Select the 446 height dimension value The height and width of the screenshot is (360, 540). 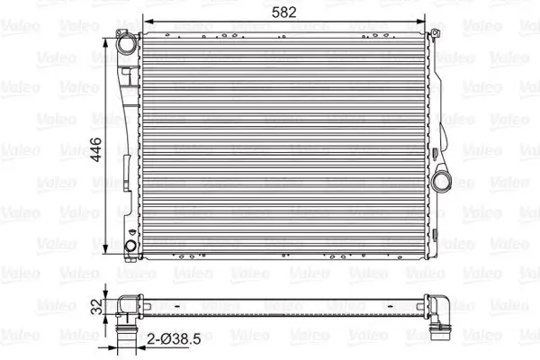[98, 144]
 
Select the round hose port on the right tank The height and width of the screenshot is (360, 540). [442, 180]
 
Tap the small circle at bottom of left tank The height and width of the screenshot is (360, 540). [132, 245]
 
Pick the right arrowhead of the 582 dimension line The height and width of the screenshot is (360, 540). [423, 24]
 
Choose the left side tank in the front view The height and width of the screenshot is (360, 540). [132, 144]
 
